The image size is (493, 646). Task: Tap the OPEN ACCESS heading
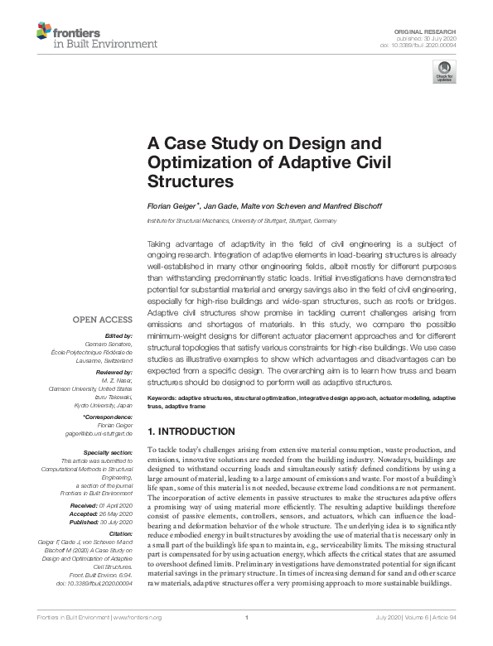pos(103,320)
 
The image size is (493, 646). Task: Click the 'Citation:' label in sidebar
pos(118,534)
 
